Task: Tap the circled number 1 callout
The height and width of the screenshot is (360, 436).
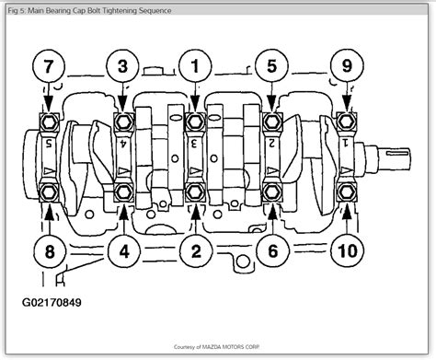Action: click(x=195, y=67)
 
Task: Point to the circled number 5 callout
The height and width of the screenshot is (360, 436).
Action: click(x=271, y=67)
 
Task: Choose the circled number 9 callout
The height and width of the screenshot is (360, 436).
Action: click(x=347, y=67)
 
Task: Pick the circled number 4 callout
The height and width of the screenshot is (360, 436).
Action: click(x=121, y=250)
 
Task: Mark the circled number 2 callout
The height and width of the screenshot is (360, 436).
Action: click(x=195, y=250)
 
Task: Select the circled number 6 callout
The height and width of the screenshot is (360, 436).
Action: click(x=271, y=250)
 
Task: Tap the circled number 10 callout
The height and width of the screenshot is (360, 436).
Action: click(x=347, y=250)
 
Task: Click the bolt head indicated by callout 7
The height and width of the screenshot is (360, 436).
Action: click(x=48, y=120)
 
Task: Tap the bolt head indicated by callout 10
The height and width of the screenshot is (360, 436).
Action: click(x=347, y=192)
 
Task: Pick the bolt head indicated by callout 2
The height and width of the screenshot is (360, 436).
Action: click(x=195, y=192)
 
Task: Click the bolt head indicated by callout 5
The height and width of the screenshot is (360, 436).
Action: click(x=271, y=120)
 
